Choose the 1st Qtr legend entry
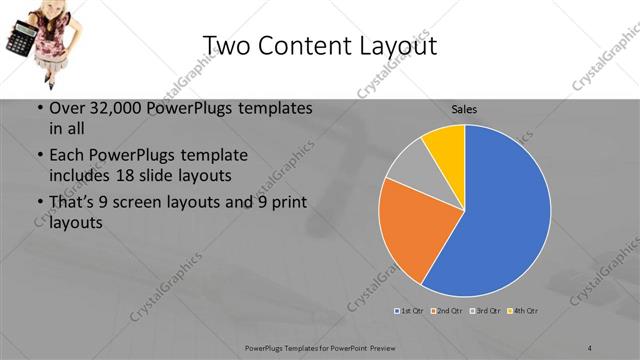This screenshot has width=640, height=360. click(409, 311)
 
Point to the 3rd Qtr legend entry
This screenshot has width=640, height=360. click(484, 311)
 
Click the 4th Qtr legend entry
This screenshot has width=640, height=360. click(522, 311)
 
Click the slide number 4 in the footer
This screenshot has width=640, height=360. click(590, 347)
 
